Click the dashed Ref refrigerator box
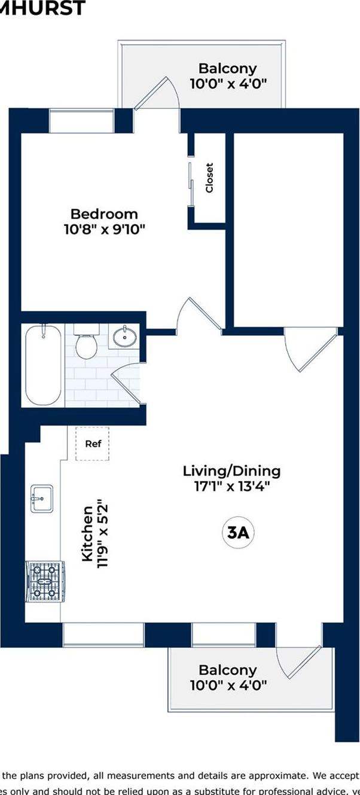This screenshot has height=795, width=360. pos(93,444)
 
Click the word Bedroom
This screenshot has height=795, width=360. pos(104,213)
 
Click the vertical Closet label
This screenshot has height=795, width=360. pos(209,178)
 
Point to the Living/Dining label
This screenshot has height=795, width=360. pos(231,470)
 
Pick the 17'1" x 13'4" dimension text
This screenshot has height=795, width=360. pos(231,486)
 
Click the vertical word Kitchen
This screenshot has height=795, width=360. pos(87,534)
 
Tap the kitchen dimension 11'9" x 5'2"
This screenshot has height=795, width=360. pos(103,534)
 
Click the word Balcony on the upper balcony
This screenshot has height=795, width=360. pos(227,68)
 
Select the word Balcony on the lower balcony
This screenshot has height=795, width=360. pos(227,670)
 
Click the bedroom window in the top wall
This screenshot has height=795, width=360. pos(81,121)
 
